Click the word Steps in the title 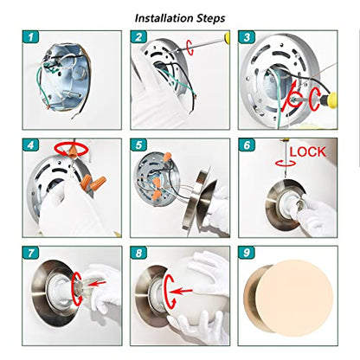click(211, 18)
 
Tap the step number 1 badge click(30, 37)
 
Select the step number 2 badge click(138, 37)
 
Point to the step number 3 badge click(247, 37)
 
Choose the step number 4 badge click(30, 145)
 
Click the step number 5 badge click(138, 145)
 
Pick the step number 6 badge click(247, 145)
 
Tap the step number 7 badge click(30, 253)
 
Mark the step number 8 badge click(138, 253)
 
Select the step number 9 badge click(247, 253)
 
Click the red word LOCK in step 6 click(307, 152)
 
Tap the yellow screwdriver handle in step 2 click(228, 37)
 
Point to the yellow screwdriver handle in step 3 click(332, 100)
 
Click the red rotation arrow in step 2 click(190, 47)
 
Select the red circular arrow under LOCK click(286, 164)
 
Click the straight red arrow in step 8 click(181, 291)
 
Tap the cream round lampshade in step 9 click(294, 298)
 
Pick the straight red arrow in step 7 click(97, 284)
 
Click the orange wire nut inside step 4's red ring click(73, 151)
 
